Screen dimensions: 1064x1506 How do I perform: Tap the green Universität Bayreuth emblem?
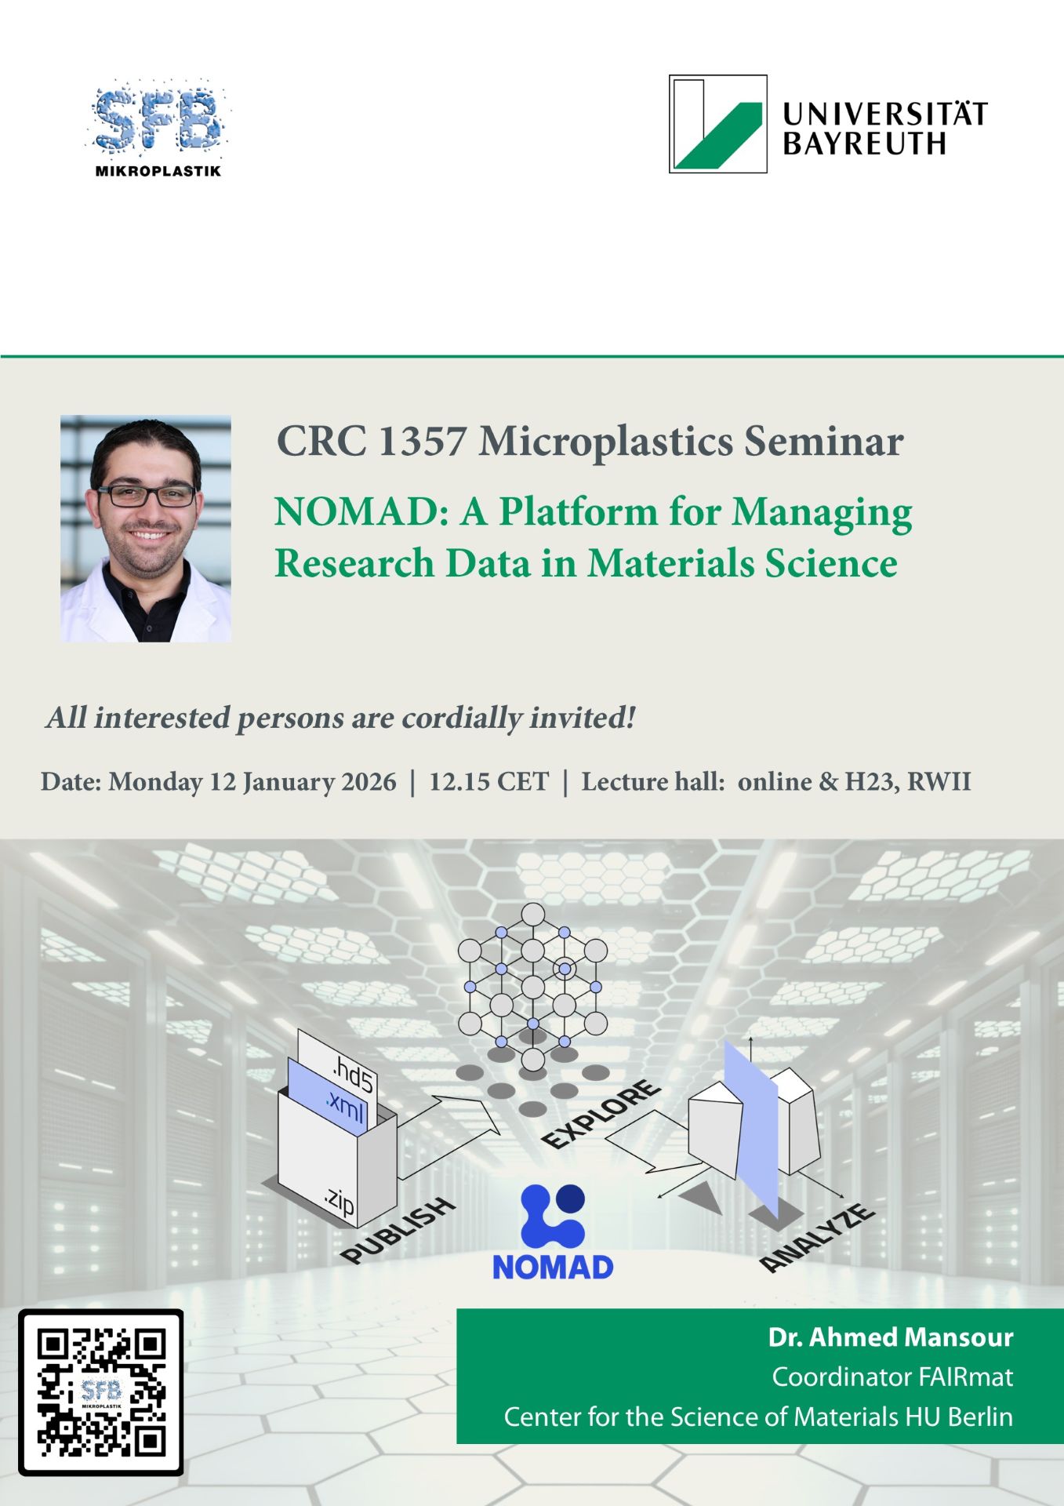click(717, 124)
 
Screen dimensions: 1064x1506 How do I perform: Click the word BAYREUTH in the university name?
click(864, 144)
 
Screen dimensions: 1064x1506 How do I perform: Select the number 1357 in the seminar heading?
click(422, 441)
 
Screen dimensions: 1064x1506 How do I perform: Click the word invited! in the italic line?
click(583, 718)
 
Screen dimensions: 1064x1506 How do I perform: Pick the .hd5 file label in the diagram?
click(353, 1075)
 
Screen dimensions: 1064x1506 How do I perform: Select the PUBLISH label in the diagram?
click(398, 1230)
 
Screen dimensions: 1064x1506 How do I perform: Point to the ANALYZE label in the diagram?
click(818, 1237)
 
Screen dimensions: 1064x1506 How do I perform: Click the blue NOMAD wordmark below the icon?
click(553, 1268)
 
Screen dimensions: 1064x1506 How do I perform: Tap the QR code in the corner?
click(101, 1392)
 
